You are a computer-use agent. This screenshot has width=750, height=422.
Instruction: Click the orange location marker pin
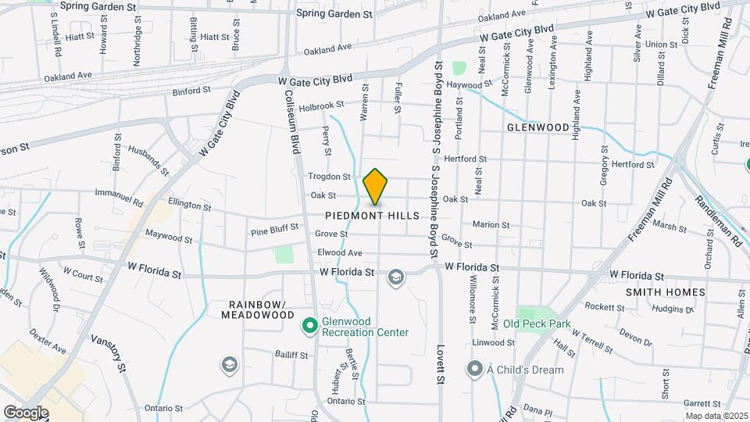pyautogui.click(x=376, y=187)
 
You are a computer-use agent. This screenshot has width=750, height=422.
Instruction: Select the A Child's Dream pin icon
pyautogui.click(x=475, y=367)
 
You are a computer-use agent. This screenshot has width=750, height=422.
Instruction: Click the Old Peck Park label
pyautogui.click(x=537, y=324)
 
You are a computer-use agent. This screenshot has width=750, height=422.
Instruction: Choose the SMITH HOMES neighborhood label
pyautogui.click(x=666, y=292)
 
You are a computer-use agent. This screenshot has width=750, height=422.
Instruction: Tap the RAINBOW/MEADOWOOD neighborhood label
pyautogui.click(x=257, y=309)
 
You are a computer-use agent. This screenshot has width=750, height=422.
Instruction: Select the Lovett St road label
pyautogui.click(x=441, y=364)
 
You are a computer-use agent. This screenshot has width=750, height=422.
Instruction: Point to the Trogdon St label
pyautogui.click(x=328, y=177)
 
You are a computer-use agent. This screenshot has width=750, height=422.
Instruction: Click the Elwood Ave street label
pyautogui.click(x=340, y=252)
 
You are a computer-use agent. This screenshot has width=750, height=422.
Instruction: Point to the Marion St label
pyautogui.click(x=491, y=225)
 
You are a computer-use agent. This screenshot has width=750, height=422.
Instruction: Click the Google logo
pyautogui.click(x=26, y=412)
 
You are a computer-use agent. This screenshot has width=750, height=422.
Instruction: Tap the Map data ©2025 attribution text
pyautogui.click(x=716, y=416)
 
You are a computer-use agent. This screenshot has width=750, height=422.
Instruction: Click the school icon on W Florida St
pyautogui.click(x=396, y=277)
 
